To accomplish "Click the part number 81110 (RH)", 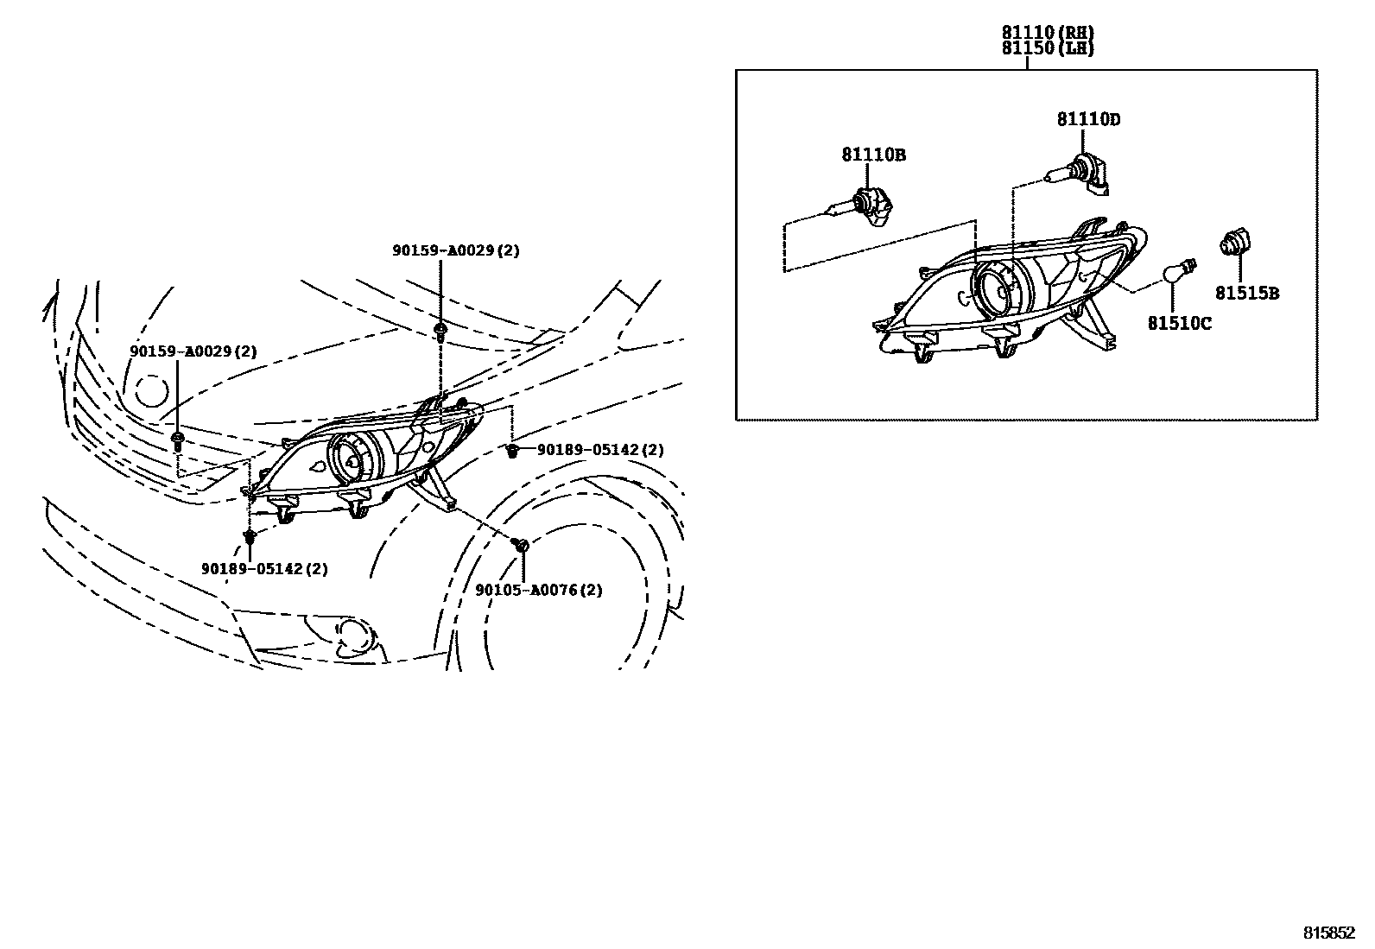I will [1048, 33].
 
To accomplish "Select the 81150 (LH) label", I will [1048, 49].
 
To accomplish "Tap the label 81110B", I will [873, 155].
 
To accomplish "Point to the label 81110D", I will [1088, 120].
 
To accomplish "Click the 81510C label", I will [1179, 324].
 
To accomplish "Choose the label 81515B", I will [1247, 294].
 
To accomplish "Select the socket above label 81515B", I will [1236, 243].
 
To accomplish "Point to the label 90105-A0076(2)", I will [539, 591].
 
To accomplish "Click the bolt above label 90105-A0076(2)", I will [521, 546].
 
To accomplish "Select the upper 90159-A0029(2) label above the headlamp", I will [455, 250].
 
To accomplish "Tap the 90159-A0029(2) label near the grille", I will [193, 351].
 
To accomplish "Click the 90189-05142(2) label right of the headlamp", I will [600, 450].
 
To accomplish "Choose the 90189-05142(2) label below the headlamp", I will [264, 569].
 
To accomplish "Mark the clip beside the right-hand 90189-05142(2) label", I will [512, 451].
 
